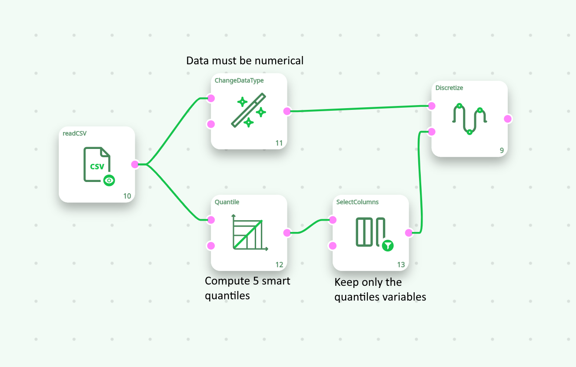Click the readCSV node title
coord(75,134)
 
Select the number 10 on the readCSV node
coord(127,196)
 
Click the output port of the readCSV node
coord(135,164)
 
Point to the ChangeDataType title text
coord(239,80)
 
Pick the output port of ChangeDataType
coord(287,111)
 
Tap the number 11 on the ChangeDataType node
coord(279,143)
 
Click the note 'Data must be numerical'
coord(245,60)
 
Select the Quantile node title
coord(227,202)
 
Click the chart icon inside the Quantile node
coord(249,232)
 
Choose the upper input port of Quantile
coord(211,220)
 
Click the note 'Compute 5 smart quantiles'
coord(247,288)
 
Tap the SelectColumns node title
coord(357,202)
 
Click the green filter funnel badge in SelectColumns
coord(388,246)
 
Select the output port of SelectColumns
coord(409,233)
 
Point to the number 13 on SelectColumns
coord(401,265)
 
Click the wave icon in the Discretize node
coord(469,118)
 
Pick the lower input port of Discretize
coord(432,132)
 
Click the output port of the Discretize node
coord(507,119)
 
